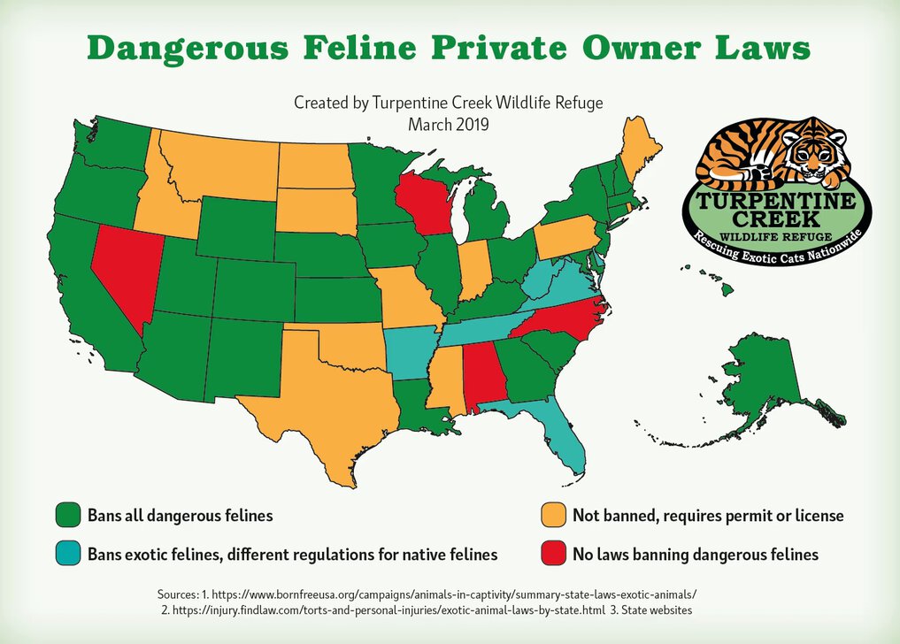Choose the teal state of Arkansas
pyautogui.click(x=408, y=349)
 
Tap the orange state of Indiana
pyautogui.click(x=473, y=271)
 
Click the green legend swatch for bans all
pyautogui.click(x=68, y=515)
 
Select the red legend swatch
pyautogui.click(x=552, y=555)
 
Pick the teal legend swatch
pyautogui.click(x=68, y=555)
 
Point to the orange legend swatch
pyautogui.click(x=552, y=515)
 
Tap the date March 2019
pyautogui.click(x=449, y=124)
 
